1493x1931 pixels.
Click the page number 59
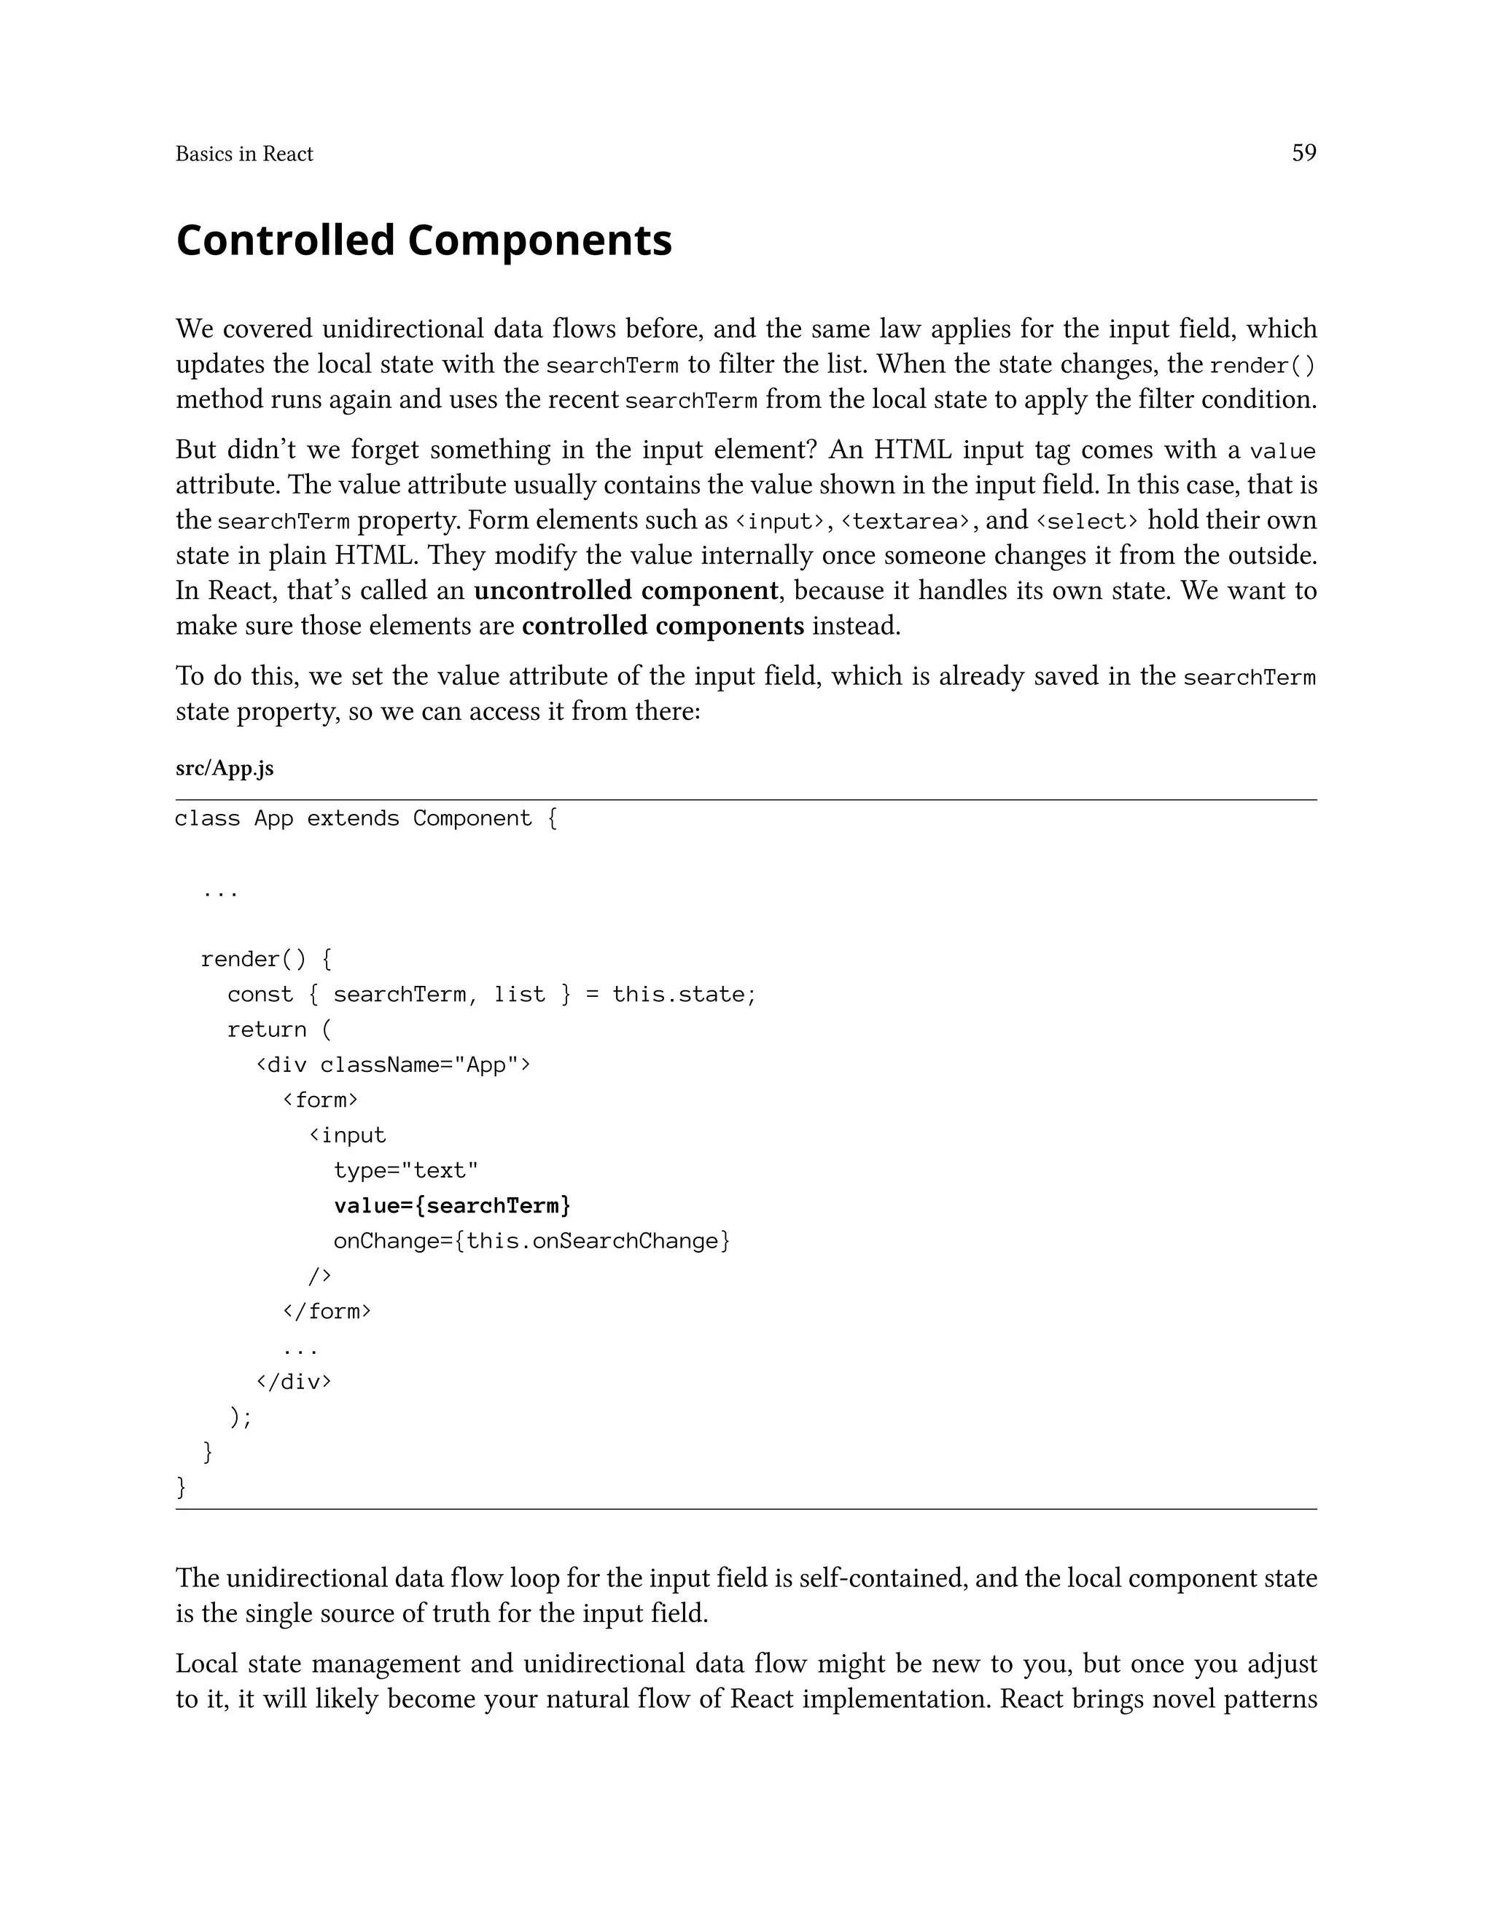coord(1303,153)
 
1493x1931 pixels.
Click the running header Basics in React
coord(244,154)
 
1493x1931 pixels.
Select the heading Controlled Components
coord(424,240)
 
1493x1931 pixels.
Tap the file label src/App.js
coord(225,768)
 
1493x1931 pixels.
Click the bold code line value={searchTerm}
coord(452,1205)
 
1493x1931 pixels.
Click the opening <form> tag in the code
coord(320,1100)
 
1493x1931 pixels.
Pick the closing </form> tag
coord(327,1310)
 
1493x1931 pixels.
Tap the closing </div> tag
coord(294,1381)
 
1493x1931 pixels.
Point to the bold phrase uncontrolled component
coord(625,591)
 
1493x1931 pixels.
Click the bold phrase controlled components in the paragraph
coord(663,626)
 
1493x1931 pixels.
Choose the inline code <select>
coord(1087,522)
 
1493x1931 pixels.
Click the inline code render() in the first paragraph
coord(1262,365)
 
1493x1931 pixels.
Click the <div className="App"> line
coord(393,1065)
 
